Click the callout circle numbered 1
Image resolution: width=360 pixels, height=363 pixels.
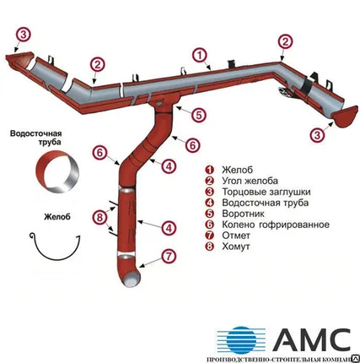[x=200, y=56]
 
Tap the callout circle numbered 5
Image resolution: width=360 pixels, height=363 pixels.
[x=199, y=116]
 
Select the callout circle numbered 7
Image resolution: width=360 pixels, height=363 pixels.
[x=169, y=257]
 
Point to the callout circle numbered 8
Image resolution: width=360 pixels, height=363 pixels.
[x=100, y=218]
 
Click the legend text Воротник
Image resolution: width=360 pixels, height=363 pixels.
[x=243, y=214]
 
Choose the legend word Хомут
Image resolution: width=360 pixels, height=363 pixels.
[x=236, y=247]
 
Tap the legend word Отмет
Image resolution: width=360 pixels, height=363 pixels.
[x=236, y=236]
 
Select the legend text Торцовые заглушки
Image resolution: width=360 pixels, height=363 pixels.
[x=266, y=192]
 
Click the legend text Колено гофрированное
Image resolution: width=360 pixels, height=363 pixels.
[x=276, y=225]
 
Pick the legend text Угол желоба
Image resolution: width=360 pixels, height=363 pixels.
[x=250, y=181]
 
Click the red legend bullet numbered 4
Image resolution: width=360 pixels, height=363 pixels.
[x=210, y=203]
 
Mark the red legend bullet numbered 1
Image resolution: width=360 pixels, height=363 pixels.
[x=210, y=170]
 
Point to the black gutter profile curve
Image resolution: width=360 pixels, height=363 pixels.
[x=55, y=258]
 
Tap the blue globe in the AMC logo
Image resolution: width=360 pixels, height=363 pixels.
[x=240, y=341]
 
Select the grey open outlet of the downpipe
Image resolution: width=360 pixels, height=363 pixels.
[x=132, y=280]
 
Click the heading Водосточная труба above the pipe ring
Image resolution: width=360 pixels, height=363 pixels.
[x=35, y=137]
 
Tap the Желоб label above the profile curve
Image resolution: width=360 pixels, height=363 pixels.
[x=57, y=217]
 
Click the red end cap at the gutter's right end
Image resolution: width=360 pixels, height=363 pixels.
[x=345, y=116]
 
